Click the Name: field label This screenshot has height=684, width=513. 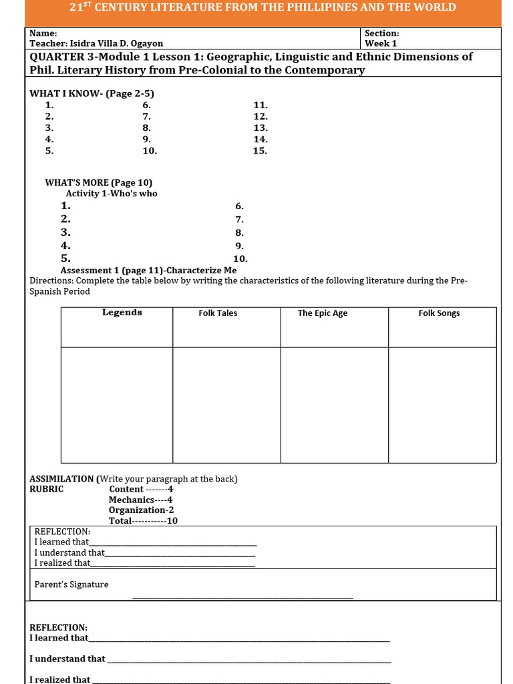point(43,33)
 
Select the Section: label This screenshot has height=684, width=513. point(381,33)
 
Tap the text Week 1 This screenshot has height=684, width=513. point(380,43)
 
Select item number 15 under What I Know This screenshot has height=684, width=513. point(260,150)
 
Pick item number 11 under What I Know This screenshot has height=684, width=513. point(260,105)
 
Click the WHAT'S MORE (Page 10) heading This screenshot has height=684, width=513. point(98,182)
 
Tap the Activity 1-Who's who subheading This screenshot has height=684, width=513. point(112,193)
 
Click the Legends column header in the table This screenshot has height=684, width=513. point(122,313)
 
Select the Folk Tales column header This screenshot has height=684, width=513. point(218,313)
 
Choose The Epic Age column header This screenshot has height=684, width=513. point(322,313)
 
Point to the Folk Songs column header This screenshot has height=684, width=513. point(439,313)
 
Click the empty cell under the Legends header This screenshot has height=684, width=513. point(117,404)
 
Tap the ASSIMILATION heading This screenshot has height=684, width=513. point(62,479)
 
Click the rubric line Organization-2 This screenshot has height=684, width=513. point(141,510)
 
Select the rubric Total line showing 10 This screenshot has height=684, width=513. point(143,521)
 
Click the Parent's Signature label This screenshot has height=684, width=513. point(71,584)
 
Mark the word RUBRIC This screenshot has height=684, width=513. point(46,489)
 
